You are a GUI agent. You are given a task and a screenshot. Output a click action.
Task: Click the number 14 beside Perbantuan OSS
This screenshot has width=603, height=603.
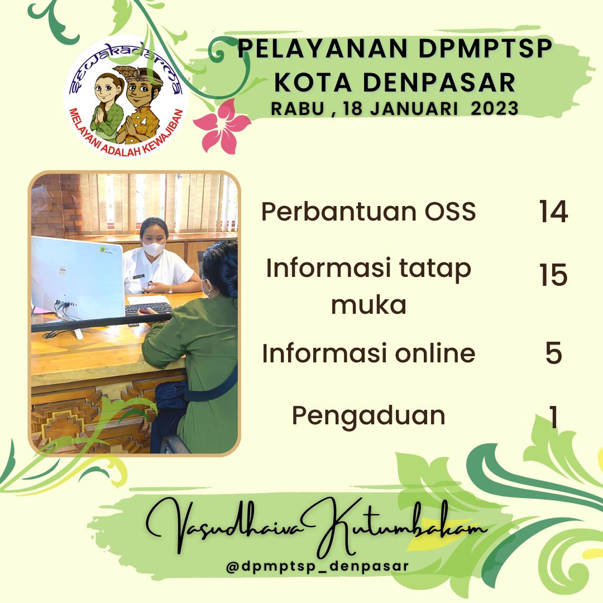[x=553, y=211]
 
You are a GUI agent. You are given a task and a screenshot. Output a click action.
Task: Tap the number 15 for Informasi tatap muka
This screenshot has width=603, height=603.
[x=553, y=275]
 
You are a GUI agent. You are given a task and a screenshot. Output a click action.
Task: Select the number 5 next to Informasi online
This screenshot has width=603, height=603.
[x=554, y=353]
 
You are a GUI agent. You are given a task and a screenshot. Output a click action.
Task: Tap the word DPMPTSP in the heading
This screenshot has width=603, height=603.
[x=485, y=49]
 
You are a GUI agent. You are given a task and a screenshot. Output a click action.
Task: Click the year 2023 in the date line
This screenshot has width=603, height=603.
[x=495, y=108]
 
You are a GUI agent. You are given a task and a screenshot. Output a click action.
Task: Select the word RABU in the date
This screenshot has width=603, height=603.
[x=297, y=109]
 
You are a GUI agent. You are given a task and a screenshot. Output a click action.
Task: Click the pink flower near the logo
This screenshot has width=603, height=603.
[x=222, y=126]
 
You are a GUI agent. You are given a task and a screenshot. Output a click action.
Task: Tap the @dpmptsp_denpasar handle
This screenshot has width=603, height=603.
[x=317, y=566]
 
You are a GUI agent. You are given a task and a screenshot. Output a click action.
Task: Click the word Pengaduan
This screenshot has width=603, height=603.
[x=368, y=417]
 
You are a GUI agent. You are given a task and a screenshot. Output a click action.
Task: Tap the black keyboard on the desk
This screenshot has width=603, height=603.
[x=149, y=308]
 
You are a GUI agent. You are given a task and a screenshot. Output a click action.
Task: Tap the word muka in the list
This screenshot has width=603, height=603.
[x=368, y=305]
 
